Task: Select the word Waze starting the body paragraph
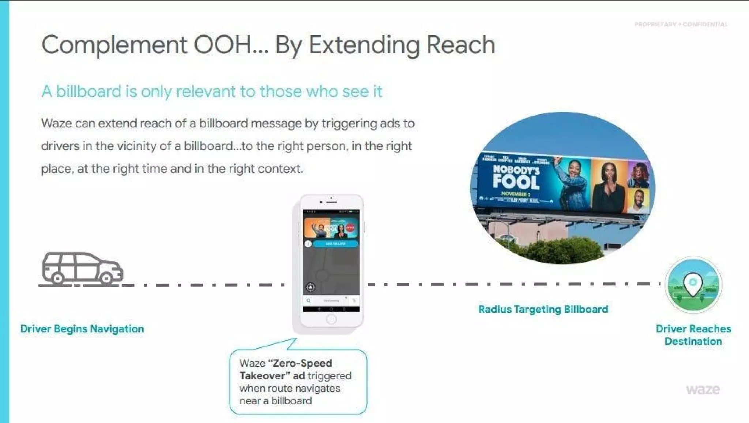tap(56, 123)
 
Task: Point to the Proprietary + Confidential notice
tap(681, 25)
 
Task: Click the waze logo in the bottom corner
tap(703, 389)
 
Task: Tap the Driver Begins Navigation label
tap(82, 329)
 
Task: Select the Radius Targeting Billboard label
tap(543, 309)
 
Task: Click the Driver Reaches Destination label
tap(693, 335)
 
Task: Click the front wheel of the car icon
tap(106, 279)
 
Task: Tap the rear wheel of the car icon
tap(57, 279)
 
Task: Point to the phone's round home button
tap(331, 319)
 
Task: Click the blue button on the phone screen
tap(335, 244)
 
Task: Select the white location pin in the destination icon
tap(693, 284)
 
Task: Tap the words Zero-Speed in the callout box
tap(300, 363)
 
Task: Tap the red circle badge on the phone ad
tap(350, 227)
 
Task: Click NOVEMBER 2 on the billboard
tap(516, 194)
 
